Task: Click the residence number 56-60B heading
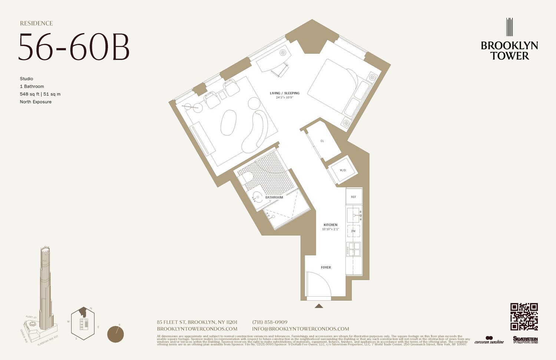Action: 74,47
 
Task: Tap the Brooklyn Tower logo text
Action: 509,51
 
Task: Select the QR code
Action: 524,317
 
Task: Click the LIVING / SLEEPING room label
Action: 284,93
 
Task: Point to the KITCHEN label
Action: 330,225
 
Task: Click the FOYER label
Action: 326,267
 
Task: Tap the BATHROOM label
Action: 274,197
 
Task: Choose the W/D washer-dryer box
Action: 342,170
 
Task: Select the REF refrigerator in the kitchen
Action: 354,196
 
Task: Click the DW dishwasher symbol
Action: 353,231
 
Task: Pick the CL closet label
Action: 322,141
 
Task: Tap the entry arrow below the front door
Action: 319,306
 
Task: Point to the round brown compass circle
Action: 115,334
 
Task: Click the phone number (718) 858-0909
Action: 269,322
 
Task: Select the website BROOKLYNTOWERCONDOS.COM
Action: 197,329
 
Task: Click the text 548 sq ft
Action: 30,94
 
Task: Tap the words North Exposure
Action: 36,102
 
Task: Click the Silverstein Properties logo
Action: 525,340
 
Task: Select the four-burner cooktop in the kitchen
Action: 353,250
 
